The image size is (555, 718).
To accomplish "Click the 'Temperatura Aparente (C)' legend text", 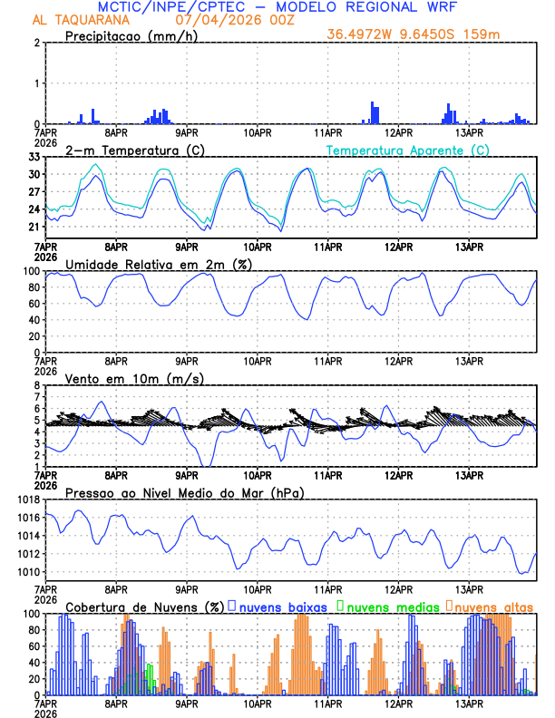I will pyautogui.click(x=408, y=150).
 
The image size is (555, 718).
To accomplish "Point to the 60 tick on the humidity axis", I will pyautogui.click(x=34, y=304).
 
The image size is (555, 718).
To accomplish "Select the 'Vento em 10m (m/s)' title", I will pyautogui.click(x=134, y=378).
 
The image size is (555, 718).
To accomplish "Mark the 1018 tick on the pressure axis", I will pyautogui.click(x=28, y=500).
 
